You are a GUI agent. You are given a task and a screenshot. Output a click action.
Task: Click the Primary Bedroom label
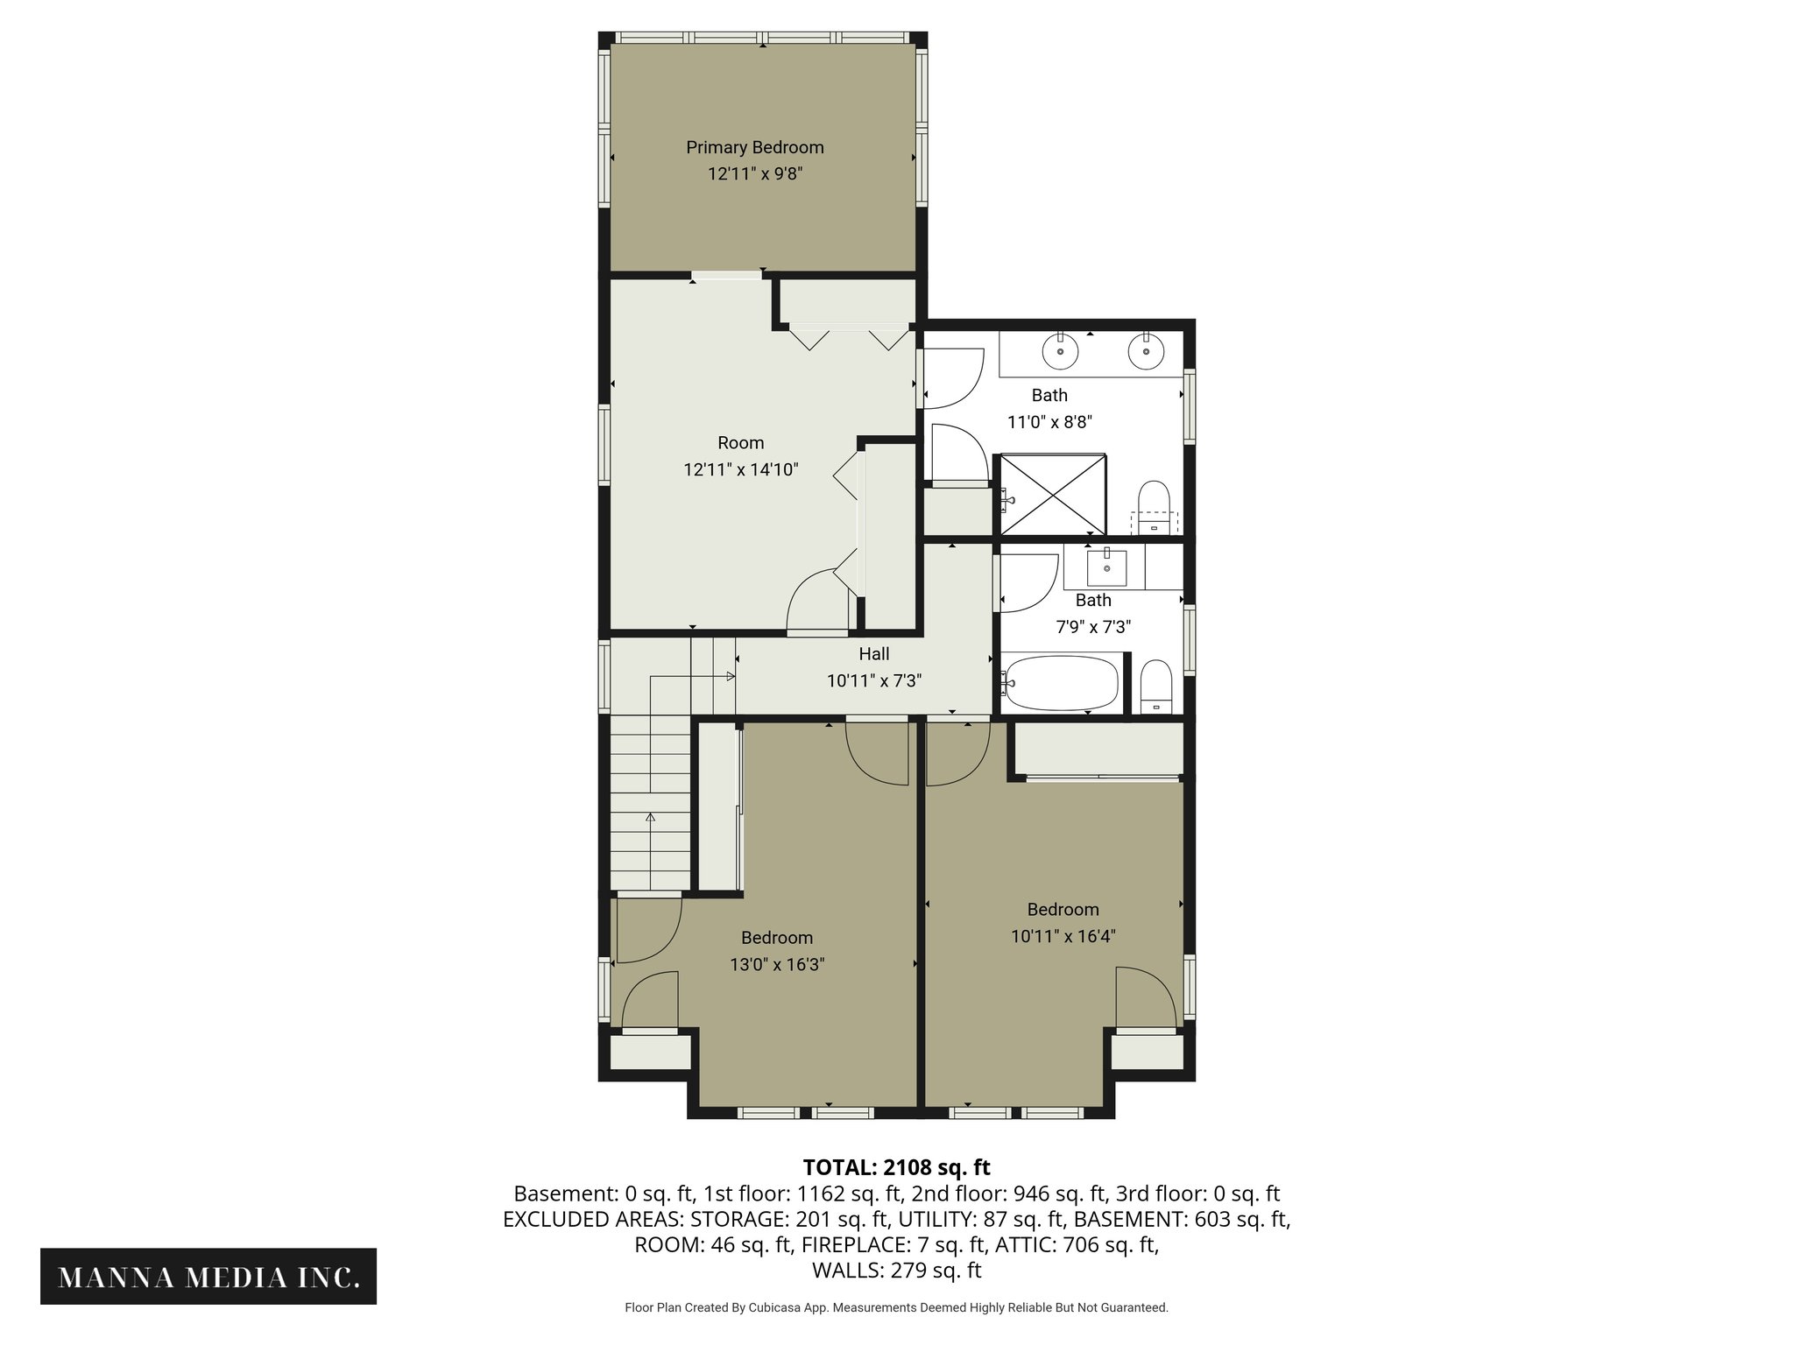point(754,147)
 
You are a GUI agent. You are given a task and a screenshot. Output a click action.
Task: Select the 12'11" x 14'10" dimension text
point(740,469)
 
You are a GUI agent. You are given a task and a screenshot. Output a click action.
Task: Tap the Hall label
point(873,654)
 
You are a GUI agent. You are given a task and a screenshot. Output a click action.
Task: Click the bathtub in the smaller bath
point(1062,683)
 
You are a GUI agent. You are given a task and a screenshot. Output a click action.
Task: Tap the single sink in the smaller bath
point(1107,567)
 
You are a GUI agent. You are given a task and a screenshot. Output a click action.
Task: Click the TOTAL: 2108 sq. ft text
point(896,1167)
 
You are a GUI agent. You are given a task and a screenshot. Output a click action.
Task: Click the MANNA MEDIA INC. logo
point(208,1278)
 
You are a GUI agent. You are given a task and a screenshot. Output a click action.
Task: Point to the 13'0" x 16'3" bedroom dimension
point(777,965)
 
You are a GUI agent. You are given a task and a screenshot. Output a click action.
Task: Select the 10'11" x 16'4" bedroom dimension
point(1063,936)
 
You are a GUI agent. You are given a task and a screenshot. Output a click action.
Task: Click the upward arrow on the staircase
point(650,818)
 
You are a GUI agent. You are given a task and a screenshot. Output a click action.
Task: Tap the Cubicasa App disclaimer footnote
point(896,1307)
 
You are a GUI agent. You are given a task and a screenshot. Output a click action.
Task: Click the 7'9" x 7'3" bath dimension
point(1093,627)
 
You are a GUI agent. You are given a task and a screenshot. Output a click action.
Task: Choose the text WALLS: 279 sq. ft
point(896,1270)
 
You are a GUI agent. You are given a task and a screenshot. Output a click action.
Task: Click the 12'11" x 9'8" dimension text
point(754,173)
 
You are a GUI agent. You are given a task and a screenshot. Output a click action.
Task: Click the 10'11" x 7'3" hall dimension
point(873,680)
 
